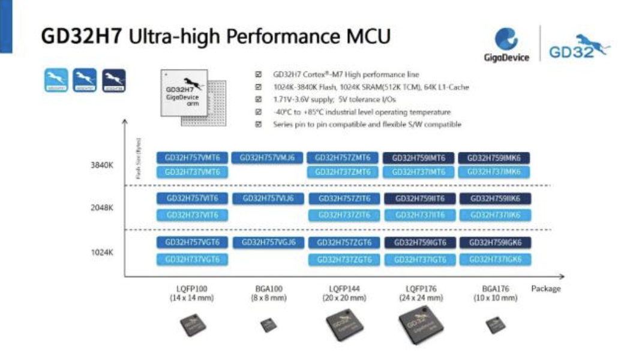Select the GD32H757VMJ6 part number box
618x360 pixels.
pyautogui.click(x=268, y=158)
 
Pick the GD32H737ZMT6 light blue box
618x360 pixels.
pyautogui.click(x=343, y=172)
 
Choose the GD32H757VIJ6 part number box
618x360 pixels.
pyautogui.click(x=268, y=199)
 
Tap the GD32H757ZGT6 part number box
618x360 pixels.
pyautogui.click(x=343, y=243)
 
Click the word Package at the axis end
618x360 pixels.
pyautogui.click(x=545, y=289)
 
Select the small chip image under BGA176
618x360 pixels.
pyautogui.click(x=495, y=325)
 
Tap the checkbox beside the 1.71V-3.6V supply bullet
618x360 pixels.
pyautogui.click(x=259, y=100)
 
